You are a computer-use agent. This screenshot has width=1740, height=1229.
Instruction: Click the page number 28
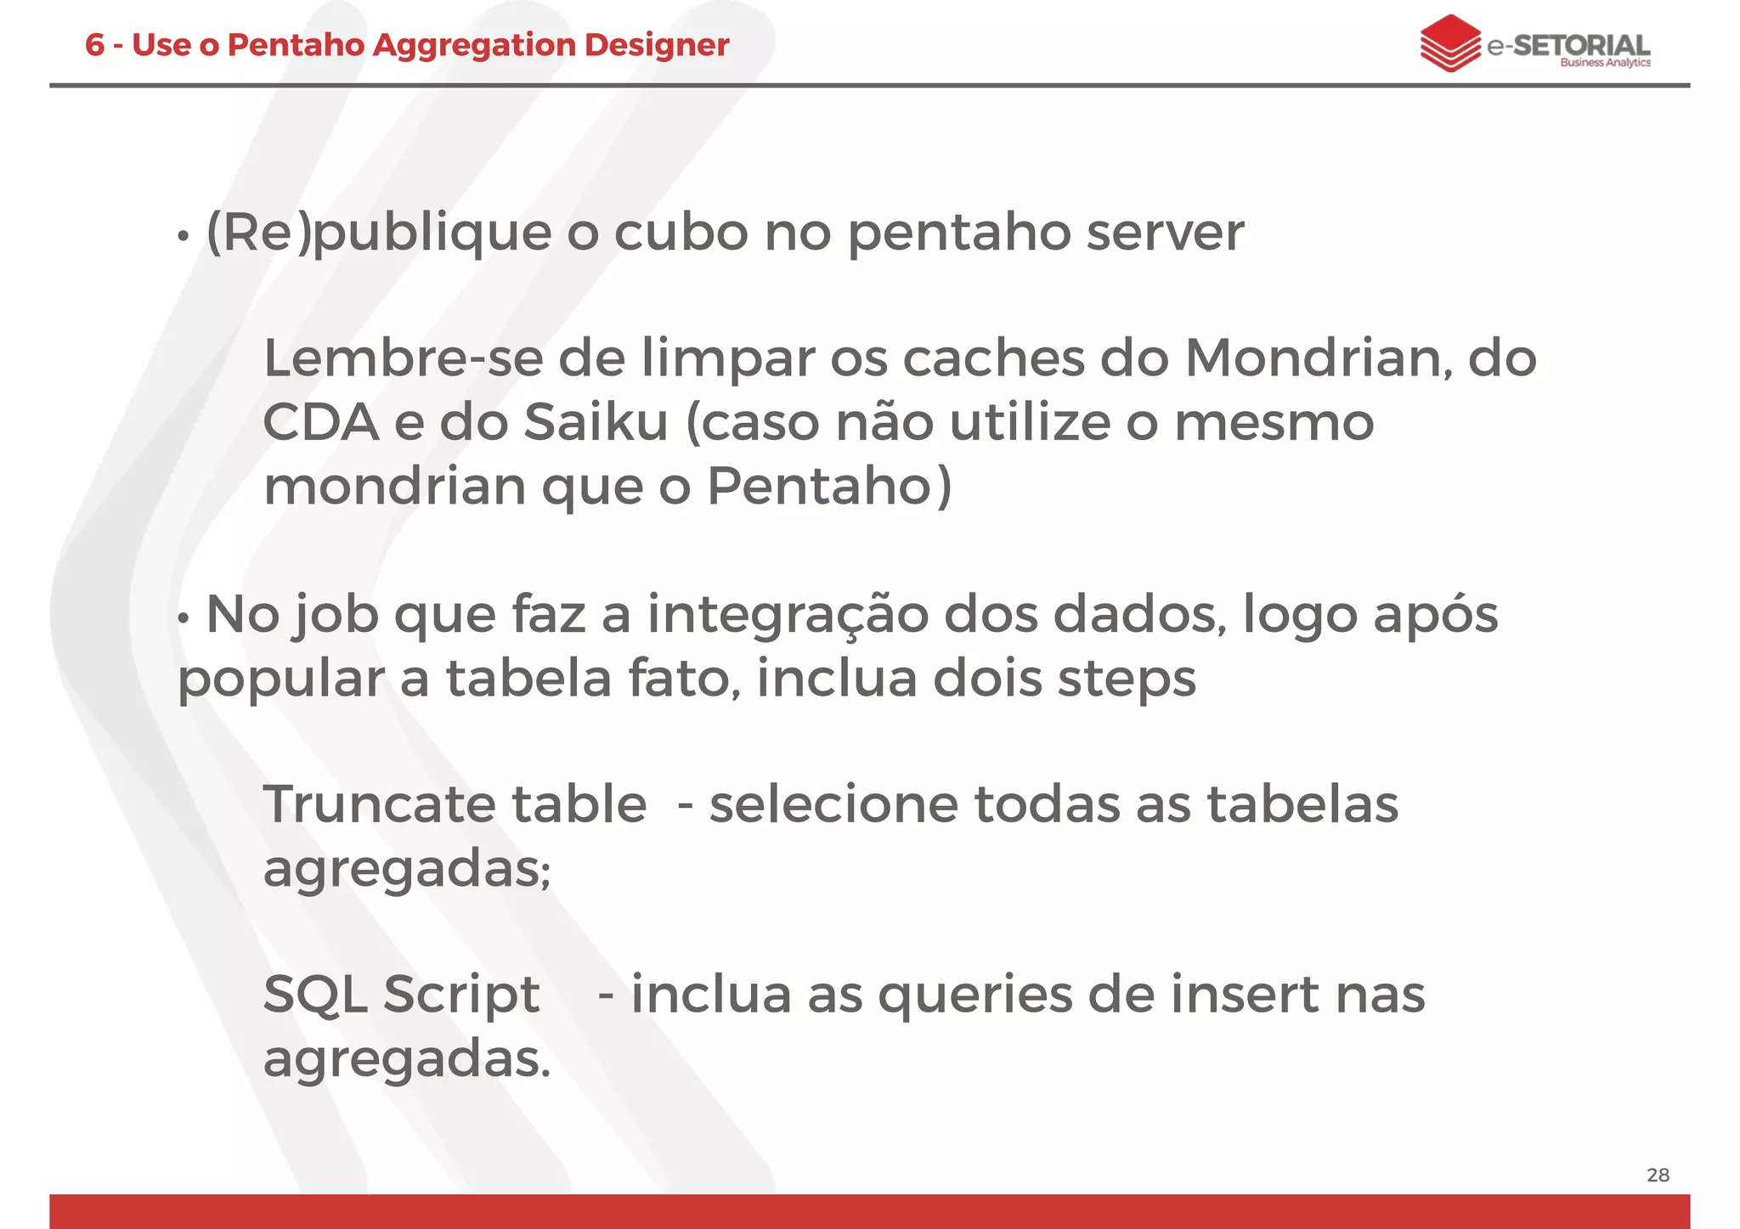point(1658,1175)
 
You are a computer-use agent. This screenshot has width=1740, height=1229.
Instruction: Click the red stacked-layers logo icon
point(1450,42)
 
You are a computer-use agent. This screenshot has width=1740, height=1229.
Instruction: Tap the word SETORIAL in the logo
point(1582,44)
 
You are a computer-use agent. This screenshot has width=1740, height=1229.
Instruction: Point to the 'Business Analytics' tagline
point(1605,63)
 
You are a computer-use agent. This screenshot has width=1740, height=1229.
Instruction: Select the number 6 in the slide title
point(94,45)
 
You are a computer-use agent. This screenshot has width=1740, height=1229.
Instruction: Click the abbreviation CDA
point(320,422)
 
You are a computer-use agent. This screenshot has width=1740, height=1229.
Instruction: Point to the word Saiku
point(596,422)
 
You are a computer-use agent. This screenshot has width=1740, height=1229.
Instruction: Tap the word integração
point(788,615)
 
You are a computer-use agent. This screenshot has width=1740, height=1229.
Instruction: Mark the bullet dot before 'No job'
point(183,619)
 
